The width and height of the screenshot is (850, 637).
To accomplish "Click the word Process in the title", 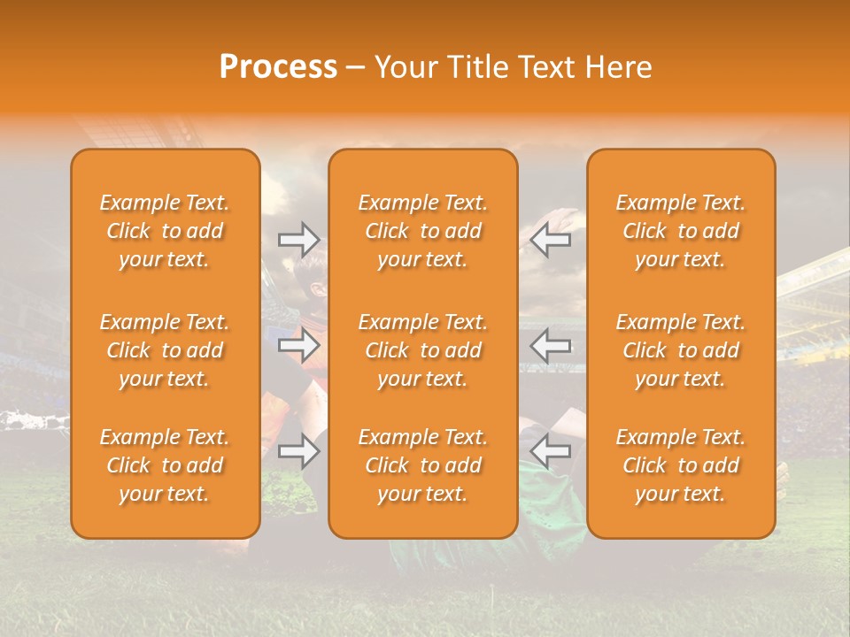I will pyautogui.click(x=278, y=67).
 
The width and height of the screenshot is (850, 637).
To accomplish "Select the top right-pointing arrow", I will pyautogui.click(x=299, y=240).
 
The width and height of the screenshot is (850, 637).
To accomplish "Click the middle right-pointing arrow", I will pyautogui.click(x=299, y=345).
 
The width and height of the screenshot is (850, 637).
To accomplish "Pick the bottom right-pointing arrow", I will pyautogui.click(x=299, y=451).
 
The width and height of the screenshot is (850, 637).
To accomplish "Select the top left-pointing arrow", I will pyautogui.click(x=551, y=240).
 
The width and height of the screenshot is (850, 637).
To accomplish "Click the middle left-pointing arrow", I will pyautogui.click(x=551, y=345).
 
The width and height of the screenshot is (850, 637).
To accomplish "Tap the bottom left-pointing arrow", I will pyautogui.click(x=551, y=451).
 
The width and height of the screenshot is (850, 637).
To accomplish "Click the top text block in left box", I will pyautogui.click(x=165, y=231).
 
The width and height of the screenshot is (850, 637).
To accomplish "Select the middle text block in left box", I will pyautogui.click(x=165, y=350).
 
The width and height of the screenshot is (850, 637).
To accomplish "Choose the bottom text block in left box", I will pyautogui.click(x=165, y=465).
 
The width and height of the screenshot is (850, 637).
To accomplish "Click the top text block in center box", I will pyautogui.click(x=423, y=231).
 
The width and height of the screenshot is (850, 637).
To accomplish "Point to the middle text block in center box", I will pyautogui.click(x=423, y=350).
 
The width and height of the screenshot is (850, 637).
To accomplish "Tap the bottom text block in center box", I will pyautogui.click(x=423, y=465).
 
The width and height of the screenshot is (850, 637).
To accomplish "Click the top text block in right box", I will pyautogui.click(x=681, y=231).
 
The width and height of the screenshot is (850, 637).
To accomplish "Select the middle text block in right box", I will pyautogui.click(x=681, y=350).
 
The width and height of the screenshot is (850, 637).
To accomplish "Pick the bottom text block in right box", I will pyautogui.click(x=681, y=465).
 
